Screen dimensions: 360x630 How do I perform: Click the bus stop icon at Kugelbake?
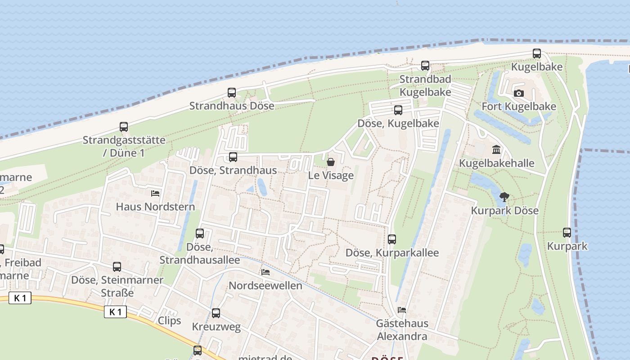536,54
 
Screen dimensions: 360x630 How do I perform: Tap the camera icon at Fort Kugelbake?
519,93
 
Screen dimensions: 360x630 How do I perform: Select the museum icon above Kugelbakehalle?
496,149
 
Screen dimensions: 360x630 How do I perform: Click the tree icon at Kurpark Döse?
504,197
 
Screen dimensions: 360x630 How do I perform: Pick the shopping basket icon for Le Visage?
331,162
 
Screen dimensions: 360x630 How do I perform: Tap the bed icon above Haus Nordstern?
155,193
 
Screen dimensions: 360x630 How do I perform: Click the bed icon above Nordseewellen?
265,272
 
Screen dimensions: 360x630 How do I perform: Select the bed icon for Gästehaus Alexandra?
402,310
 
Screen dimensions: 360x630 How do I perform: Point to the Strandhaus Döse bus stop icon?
232,93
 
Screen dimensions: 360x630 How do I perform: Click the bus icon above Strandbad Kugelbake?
425,66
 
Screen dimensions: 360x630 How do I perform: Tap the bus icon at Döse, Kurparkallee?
392,239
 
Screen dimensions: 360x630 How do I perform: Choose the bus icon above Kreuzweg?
216,313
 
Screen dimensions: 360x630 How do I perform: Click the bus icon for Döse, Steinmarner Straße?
117,266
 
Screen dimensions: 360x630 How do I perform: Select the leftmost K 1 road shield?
20,298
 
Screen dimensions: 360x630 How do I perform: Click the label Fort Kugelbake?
519,107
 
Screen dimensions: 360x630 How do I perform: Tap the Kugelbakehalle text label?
496,163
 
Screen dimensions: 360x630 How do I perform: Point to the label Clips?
169,321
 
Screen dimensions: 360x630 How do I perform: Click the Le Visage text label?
331,175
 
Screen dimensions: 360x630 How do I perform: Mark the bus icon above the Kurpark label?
567,233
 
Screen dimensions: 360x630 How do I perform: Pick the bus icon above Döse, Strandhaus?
233,157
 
